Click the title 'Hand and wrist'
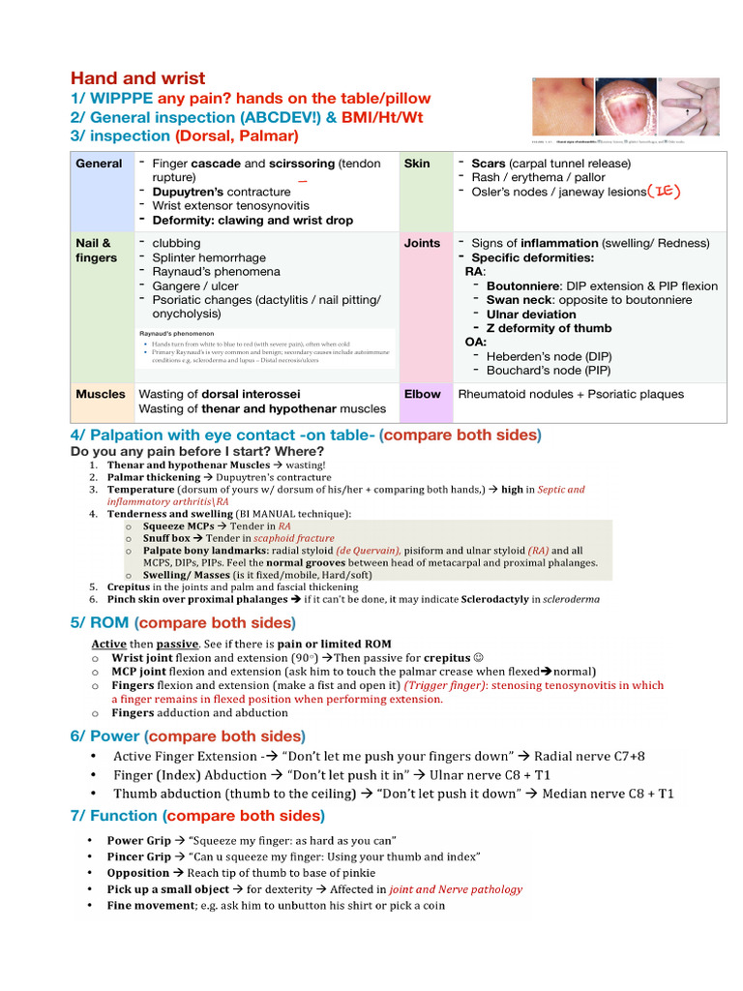137,78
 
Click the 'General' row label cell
99,164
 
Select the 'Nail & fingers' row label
96,251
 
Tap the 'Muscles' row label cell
101,394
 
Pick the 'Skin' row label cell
417,164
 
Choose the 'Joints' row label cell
422,243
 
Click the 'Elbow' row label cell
422,394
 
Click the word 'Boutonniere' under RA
523,285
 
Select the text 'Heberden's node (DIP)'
549,356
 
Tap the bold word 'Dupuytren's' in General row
188,192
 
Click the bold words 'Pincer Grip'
138,856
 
